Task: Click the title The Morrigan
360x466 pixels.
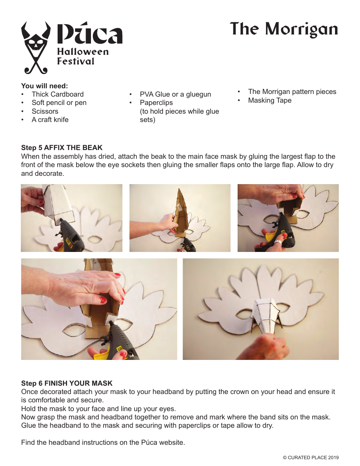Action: [284, 30]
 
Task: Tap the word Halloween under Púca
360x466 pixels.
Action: [83, 52]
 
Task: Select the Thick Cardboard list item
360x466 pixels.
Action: [57, 94]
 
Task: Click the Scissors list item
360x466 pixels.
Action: [45, 111]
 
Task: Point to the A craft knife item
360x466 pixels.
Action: [50, 120]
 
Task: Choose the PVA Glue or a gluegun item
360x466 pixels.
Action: [175, 94]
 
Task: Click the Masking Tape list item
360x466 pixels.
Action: [269, 100]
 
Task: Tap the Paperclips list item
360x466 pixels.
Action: [156, 103]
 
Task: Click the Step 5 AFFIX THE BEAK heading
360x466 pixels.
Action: [62, 148]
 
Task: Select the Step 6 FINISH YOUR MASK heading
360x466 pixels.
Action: [67, 383]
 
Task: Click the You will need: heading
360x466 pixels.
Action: [44, 86]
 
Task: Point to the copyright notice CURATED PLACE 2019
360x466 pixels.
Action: [311, 458]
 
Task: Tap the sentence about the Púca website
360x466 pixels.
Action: [103, 443]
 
